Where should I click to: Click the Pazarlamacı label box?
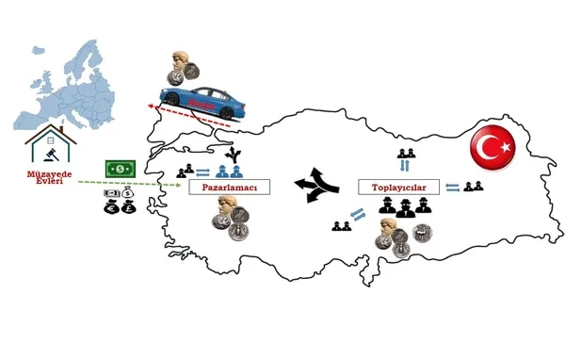pos(230,188)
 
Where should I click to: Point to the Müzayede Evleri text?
pos(45,178)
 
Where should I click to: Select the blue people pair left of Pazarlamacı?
pos(222,171)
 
